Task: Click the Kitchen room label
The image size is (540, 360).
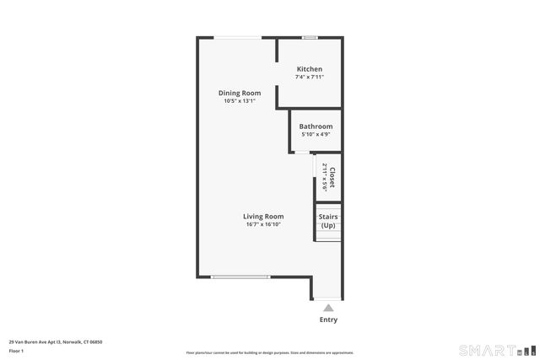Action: (x=309, y=69)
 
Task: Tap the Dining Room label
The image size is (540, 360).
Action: (x=240, y=93)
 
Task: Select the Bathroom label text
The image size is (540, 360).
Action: (x=316, y=126)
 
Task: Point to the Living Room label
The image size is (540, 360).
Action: (x=263, y=216)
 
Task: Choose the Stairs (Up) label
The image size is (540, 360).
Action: (x=328, y=221)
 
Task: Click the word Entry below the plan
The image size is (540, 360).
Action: (x=328, y=320)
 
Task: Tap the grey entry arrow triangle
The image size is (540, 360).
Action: (x=328, y=308)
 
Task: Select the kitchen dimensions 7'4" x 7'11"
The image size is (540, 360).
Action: (x=310, y=77)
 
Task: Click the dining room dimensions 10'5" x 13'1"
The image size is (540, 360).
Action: (x=240, y=101)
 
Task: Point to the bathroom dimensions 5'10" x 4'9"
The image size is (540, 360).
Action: (x=316, y=134)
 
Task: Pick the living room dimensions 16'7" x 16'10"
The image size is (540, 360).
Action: (x=263, y=224)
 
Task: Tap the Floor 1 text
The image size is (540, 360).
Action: (x=16, y=351)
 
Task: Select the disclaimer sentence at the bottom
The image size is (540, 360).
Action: (x=269, y=352)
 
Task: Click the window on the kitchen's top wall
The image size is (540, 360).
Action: (x=310, y=37)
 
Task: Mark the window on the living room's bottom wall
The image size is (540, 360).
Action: (x=240, y=277)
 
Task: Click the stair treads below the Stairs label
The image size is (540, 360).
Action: (x=328, y=235)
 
